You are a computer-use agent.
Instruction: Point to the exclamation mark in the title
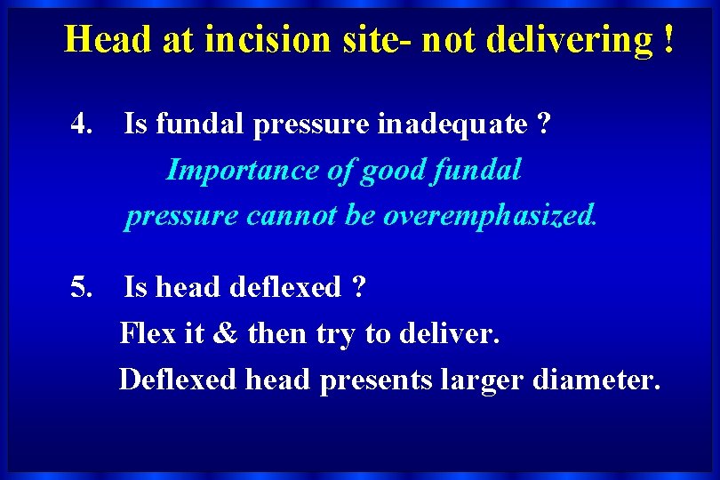[x=668, y=39]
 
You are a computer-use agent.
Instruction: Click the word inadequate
[x=453, y=125]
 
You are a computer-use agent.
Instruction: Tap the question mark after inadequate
[x=544, y=124]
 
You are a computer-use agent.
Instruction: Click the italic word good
[x=393, y=169]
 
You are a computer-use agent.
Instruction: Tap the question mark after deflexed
[x=358, y=287]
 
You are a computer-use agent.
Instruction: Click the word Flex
[x=147, y=333]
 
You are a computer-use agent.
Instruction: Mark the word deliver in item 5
[x=454, y=333]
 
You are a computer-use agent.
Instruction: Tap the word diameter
[x=596, y=380]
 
